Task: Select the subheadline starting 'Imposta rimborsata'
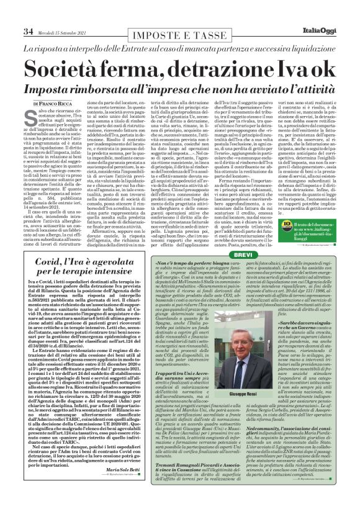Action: pyautogui.click(x=179, y=86)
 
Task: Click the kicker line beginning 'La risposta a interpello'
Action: pyautogui.click(x=179, y=48)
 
